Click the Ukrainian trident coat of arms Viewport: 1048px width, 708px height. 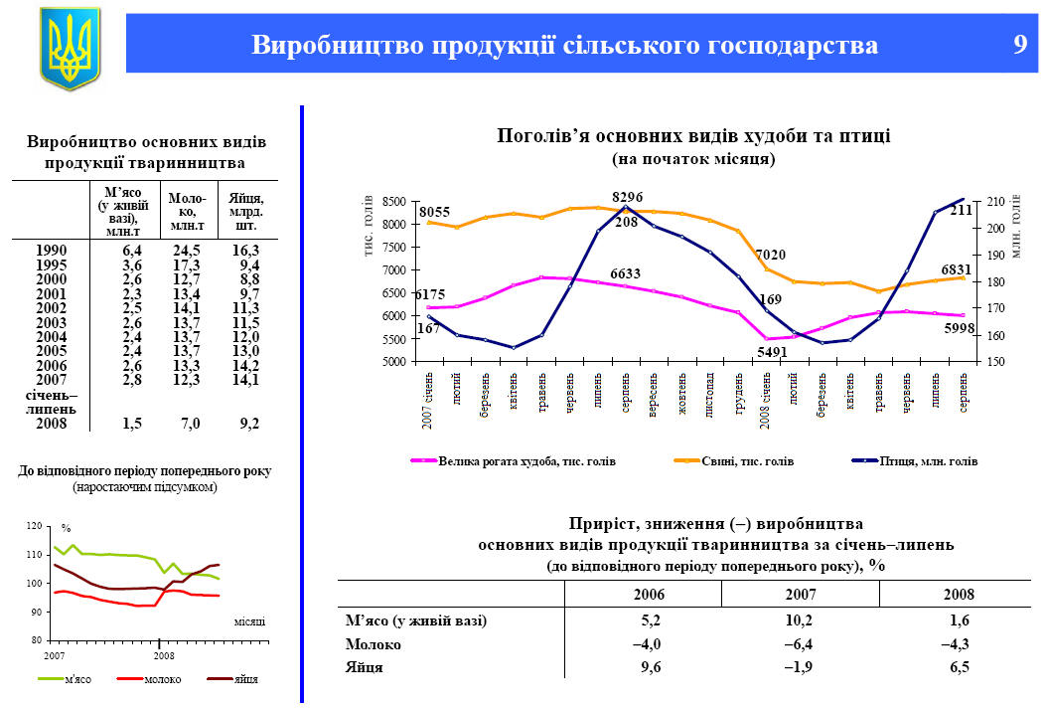point(70,47)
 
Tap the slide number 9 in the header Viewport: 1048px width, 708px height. point(1019,45)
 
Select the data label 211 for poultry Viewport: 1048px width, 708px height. point(963,211)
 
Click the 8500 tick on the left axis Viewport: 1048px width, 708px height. point(394,201)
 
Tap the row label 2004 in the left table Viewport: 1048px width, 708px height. point(51,336)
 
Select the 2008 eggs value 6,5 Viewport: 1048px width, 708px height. point(959,667)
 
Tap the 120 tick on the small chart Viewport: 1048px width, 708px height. point(35,525)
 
